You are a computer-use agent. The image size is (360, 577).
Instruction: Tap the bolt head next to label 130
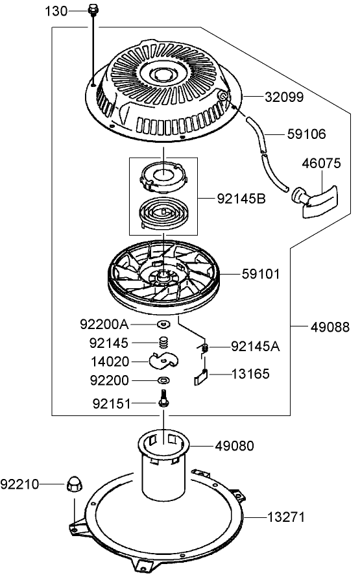click(x=93, y=10)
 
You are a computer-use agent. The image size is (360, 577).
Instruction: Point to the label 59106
click(x=306, y=134)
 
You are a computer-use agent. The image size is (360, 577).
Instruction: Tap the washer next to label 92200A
click(x=163, y=323)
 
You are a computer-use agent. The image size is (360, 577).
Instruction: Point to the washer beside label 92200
click(x=163, y=380)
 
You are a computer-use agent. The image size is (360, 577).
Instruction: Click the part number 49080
click(x=235, y=446)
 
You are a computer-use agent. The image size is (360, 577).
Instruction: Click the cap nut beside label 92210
click(x=73, y=484)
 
